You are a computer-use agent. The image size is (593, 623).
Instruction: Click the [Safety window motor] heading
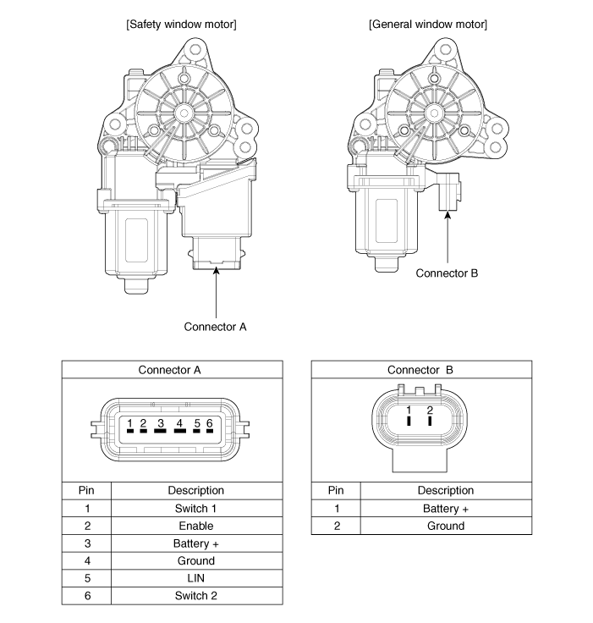point(181,24)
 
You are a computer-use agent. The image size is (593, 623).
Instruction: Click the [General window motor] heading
point(427,24)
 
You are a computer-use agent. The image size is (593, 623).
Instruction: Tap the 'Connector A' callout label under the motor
point(216,326)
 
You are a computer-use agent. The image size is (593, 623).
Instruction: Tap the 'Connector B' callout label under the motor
point(447,273)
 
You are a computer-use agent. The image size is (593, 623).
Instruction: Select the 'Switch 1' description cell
point(196,509)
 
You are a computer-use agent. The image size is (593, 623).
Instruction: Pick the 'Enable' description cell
point(196,526)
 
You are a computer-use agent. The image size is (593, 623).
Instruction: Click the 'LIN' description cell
point(196,578)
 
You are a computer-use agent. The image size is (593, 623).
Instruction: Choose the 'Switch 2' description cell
point(196,596)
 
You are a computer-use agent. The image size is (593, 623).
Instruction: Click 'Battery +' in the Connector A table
point(196,543)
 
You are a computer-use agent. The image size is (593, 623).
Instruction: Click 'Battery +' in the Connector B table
point(446,509)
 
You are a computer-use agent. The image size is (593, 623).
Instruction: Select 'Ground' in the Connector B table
point(446,526)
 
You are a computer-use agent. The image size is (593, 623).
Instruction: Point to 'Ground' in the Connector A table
point(196,560)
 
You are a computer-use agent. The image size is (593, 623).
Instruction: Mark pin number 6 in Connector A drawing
point(208,422)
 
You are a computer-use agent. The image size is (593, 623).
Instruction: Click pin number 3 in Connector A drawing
point(161,422)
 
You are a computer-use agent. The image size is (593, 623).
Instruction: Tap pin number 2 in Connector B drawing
point(431,411)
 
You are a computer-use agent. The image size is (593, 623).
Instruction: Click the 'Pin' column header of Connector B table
point(336,490)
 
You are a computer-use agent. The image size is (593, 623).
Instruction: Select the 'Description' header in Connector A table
point(196,490)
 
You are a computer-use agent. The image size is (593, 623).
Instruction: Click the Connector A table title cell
point(172,370)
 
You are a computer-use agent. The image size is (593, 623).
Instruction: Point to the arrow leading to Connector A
point(217,292)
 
